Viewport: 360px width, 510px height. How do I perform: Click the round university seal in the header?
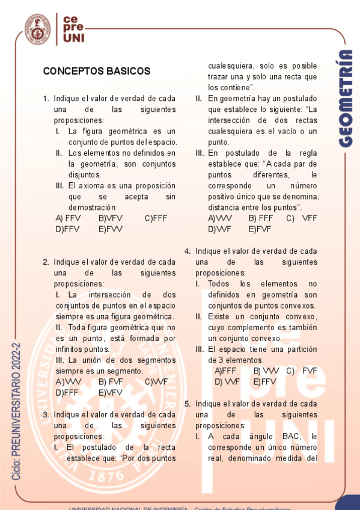coord(37,28)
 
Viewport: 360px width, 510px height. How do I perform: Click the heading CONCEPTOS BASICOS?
coord(96,71)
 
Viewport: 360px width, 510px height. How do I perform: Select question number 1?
coord(46,99)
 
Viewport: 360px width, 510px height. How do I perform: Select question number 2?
coord(46,262)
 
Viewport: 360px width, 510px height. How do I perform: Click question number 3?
coord(46,415)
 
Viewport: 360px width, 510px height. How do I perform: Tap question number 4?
coord(188,251)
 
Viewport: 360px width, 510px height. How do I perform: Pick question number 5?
coord(188,404)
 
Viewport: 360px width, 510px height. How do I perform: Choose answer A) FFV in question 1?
coord(68,218)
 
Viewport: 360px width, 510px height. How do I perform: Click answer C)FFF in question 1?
coord(156,218)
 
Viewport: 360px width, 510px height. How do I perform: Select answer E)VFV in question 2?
coord(111,393)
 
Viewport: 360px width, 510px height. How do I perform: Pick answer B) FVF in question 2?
coord(111,382)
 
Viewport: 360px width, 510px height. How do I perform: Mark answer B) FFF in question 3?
coord(261,218)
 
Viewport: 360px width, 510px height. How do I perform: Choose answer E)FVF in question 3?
coord(260,229)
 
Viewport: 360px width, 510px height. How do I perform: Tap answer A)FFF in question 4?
coord(225,371)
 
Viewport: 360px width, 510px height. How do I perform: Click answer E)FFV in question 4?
coord(265,382)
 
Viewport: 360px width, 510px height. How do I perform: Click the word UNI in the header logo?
coord(75,38)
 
